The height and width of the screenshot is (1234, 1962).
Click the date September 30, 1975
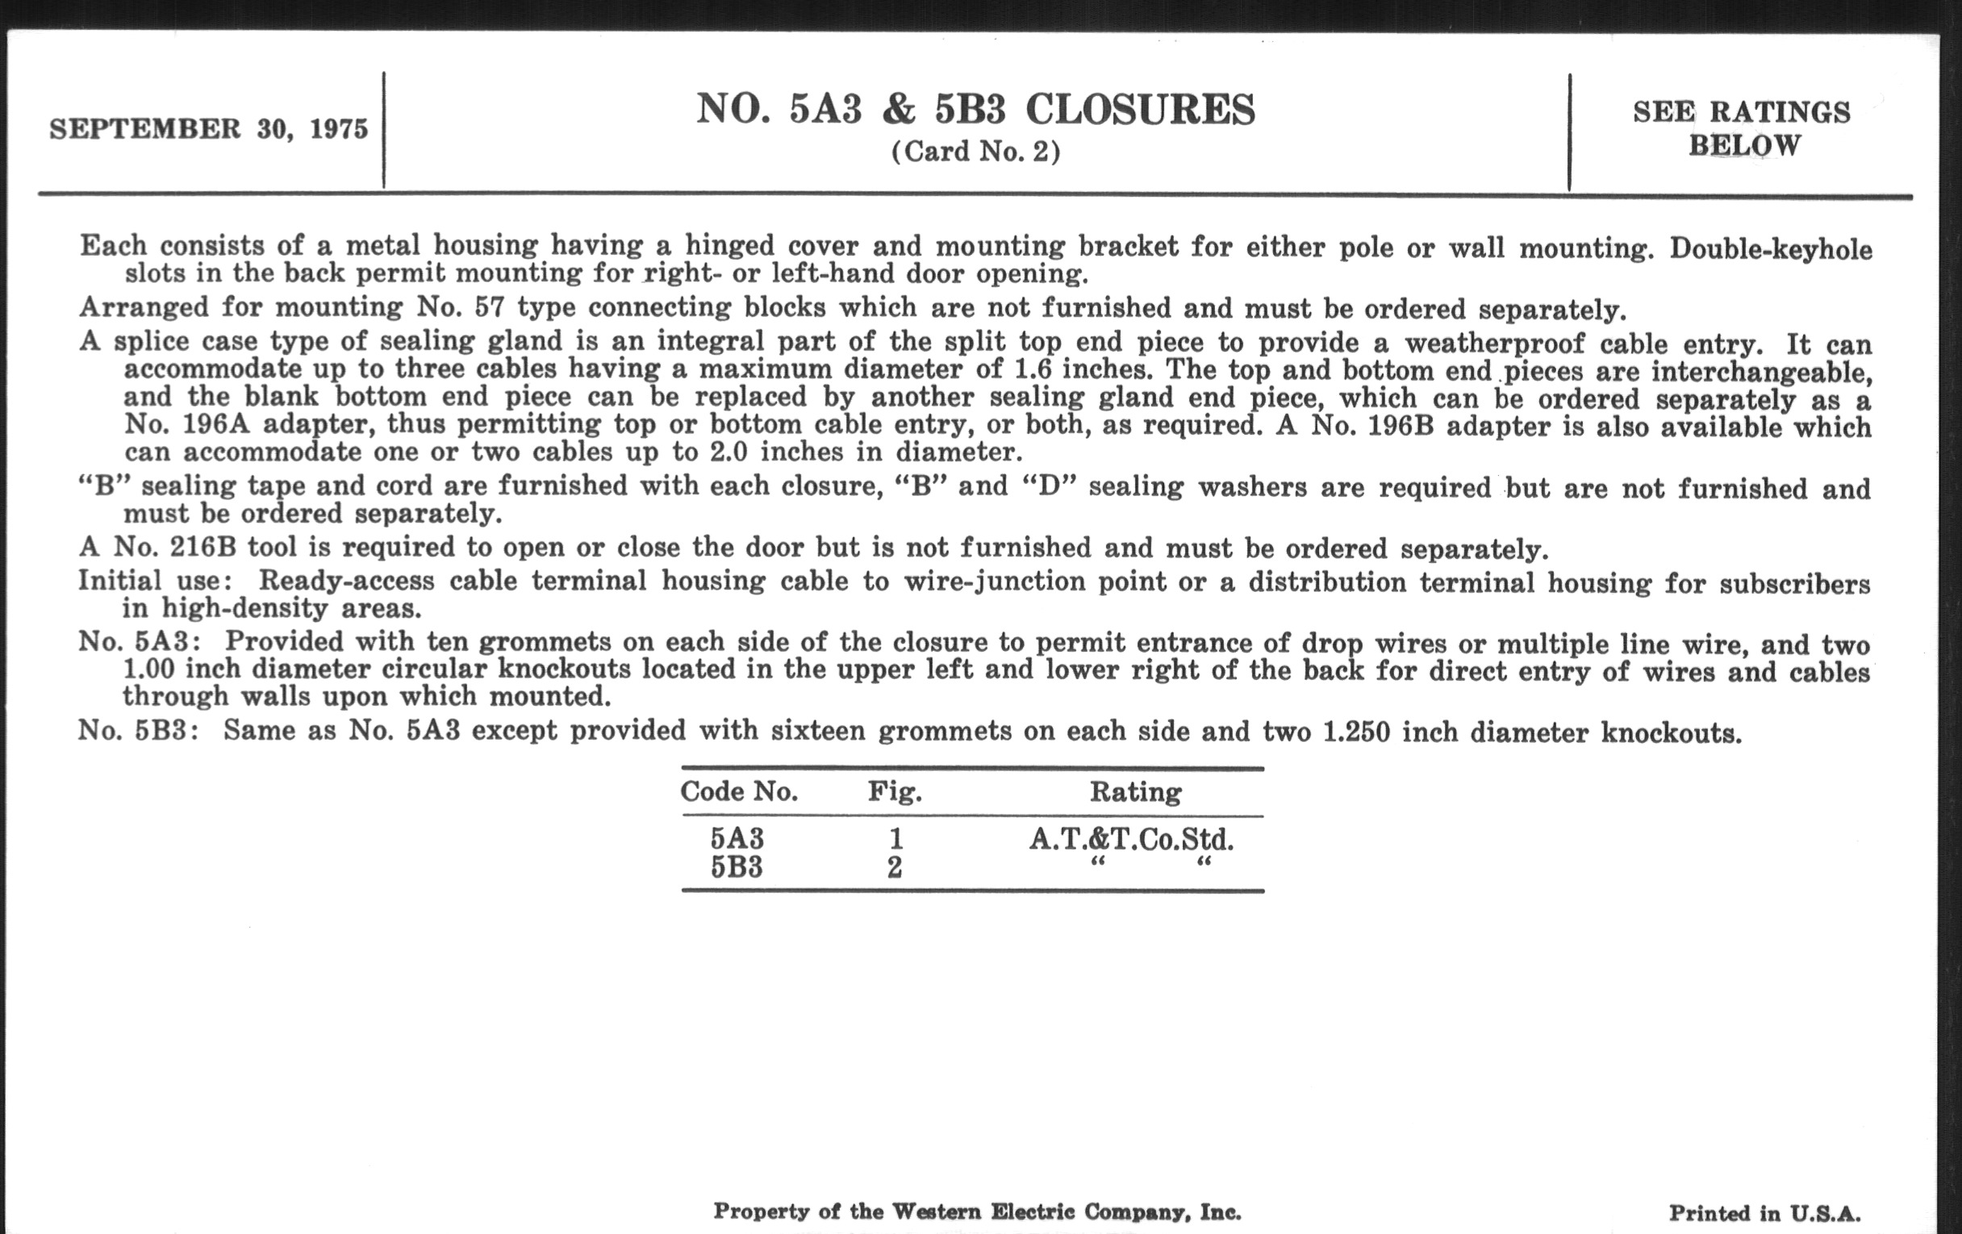tap(209, 129)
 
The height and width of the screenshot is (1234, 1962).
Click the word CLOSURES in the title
tap(1140, 110)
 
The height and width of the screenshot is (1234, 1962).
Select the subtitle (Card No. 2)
tap(975, 152)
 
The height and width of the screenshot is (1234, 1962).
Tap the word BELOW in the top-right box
tap(1743, 146)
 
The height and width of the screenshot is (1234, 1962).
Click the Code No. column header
tap(738, 791)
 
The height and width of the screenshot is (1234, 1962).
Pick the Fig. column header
tap(894, 791)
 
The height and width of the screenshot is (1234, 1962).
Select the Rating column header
tap(1135, 791)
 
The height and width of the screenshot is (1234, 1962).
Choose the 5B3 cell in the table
tap(737, 867)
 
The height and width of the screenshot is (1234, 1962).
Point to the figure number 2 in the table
tap(895, 868)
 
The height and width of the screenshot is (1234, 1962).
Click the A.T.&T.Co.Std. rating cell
tap(1131, 838)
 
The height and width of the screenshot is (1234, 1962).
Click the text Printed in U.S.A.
tap(1764, 1214)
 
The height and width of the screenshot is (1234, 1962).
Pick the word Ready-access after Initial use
tap(345, 581)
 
